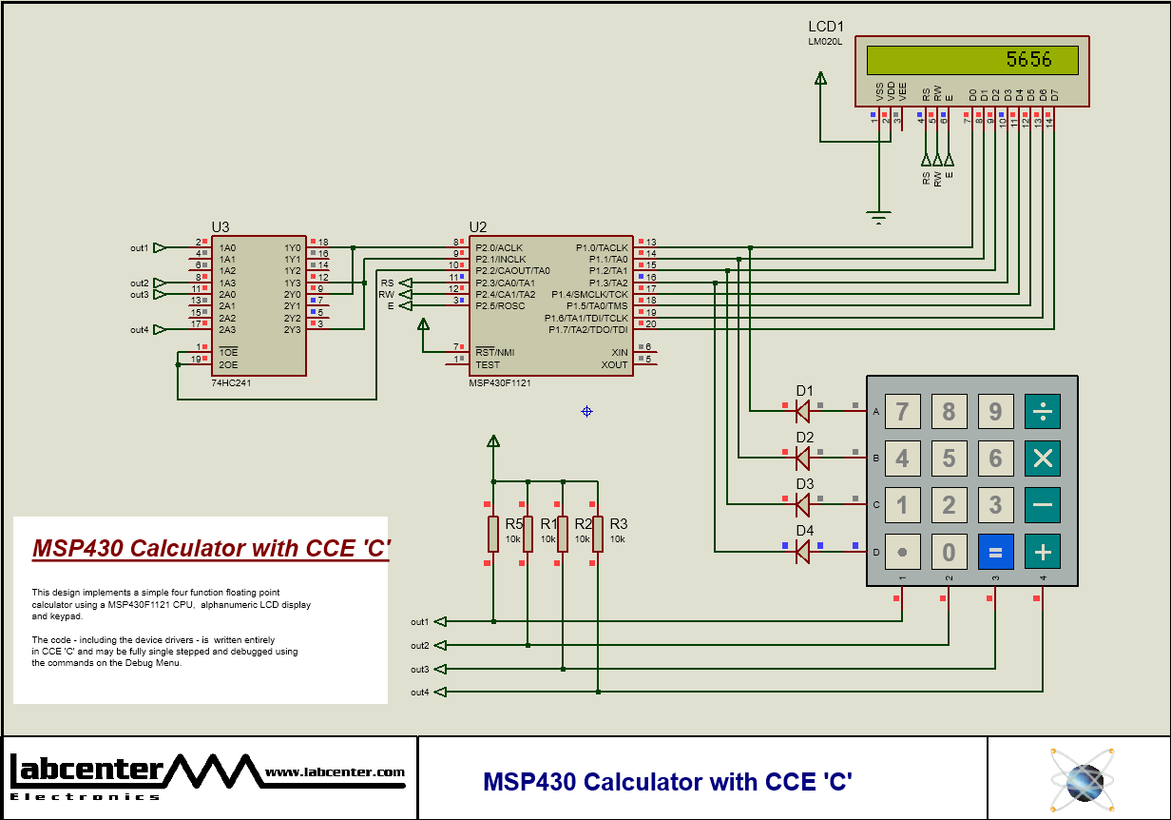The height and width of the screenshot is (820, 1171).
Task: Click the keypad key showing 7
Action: point(902,412)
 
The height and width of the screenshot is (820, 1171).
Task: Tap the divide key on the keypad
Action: point(1042,412)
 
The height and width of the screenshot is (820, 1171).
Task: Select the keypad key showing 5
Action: point(949,459)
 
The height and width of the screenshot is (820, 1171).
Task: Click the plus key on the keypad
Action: point(1042,552)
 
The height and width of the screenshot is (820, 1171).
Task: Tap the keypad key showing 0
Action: point(949,552)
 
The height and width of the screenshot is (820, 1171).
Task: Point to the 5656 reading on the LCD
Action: point(1028,60)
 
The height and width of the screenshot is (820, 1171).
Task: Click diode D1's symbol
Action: point(802,411)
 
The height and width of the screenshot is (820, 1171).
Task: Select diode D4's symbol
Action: point(802,551)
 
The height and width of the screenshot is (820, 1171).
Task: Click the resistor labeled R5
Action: point(493,534)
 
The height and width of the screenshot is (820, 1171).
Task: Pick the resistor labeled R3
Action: point(597,534)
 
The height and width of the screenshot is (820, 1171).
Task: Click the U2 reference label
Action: point(477,226)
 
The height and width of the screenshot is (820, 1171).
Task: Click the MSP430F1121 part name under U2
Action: point(500,382)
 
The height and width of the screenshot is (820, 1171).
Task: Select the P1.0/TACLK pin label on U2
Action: point(601,247)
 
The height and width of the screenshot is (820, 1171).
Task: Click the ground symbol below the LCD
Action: point(879,218)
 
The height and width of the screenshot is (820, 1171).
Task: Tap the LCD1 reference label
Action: point(825,27)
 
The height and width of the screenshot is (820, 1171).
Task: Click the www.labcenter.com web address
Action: point(335,772)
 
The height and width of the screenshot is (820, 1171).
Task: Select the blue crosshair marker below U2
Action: point(586,411)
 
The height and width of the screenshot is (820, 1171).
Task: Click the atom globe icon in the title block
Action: point(1080,778)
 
